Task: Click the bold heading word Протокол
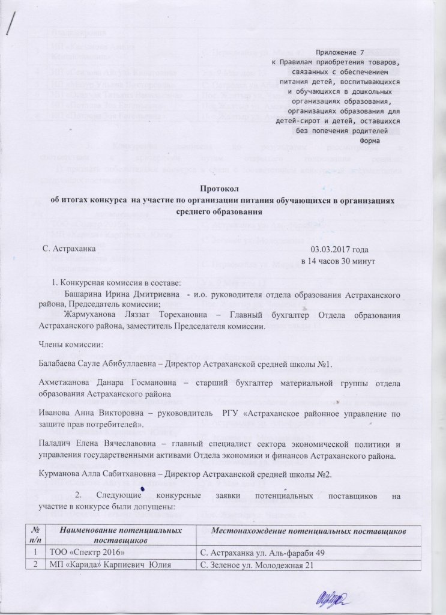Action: (x=223, y=186)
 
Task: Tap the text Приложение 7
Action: (x=343, y=53)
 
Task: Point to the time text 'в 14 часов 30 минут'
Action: (x=337, y=261)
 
